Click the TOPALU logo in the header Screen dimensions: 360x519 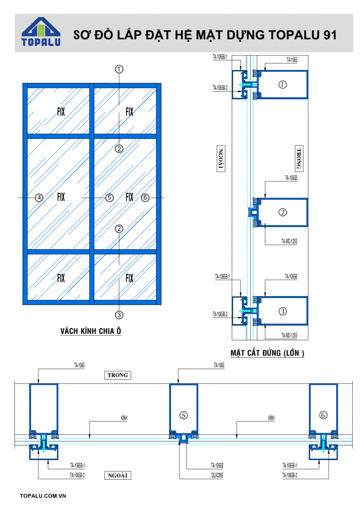coord(41,32)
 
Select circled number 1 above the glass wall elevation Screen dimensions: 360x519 coord(119,69)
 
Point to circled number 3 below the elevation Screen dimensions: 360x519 coord(119,315)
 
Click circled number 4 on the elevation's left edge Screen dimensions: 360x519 coord(39,198)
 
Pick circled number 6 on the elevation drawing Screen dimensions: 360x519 coord(145,198)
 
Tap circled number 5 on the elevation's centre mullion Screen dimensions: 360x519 coord(109,198)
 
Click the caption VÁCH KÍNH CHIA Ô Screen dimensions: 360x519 coord(91,331)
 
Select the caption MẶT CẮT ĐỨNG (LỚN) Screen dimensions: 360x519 coord(268,353)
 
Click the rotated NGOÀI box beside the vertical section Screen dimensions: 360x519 coord(221,159)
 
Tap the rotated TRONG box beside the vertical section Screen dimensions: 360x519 coord(299,159)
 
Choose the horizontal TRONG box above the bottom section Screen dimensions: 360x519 coord(118,375)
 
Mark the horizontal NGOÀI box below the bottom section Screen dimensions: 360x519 coord(118,475)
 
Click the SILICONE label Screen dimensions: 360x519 coord(217,475)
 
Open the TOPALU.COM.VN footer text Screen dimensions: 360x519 coord(43,496)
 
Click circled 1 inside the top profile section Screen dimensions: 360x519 coord(283,85)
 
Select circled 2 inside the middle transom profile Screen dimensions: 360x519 coord(283,212)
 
